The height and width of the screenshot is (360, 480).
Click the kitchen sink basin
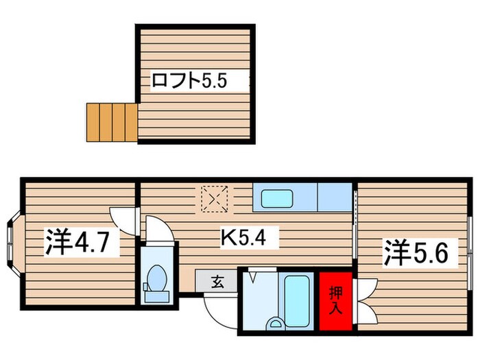pyautogui.click(x=276, y=198)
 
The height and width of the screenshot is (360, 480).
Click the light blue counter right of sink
pyautogui.click(x=335, y=198)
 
